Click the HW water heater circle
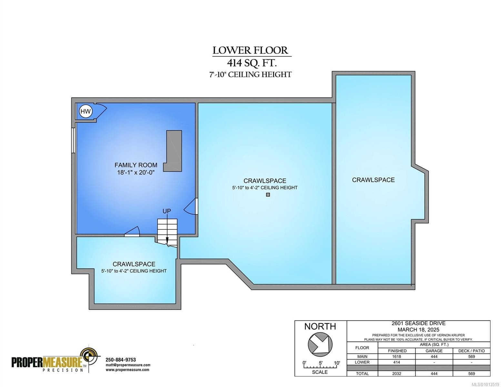tap(85, 112)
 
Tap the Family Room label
tap(136, 165)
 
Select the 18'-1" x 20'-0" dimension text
tap(136, 173)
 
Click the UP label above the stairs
tap(166, 211)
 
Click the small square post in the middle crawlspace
tap(268, 195)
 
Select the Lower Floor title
tap(250, 50)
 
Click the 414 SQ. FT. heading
tap(252, 63)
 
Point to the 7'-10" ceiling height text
tap(250, 74)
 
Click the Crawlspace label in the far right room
tap(373, 180)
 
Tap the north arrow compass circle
tap(320, 344)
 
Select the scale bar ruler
tap(320, 367)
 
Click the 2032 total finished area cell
tap(397, 373)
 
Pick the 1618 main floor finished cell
tap(397, 356)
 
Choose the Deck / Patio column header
tap(471, 351)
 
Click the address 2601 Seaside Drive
tap(418, 323)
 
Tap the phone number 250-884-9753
tap(121, 360)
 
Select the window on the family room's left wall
tap(74, 141)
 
